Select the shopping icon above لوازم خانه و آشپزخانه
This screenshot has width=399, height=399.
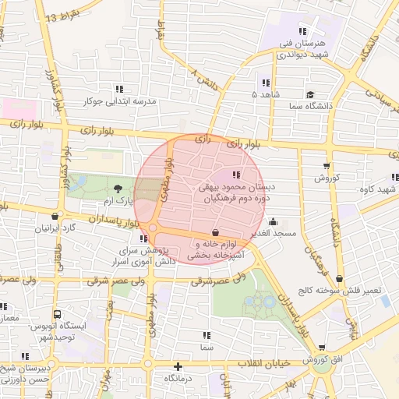(215, 232)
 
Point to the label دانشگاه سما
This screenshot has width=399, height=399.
(333, 104)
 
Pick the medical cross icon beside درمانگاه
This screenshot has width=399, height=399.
(179, 365)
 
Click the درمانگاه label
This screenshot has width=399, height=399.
(178, 378)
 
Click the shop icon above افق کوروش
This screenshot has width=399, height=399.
(321, 348)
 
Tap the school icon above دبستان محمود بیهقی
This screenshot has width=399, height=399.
(236, 175)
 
